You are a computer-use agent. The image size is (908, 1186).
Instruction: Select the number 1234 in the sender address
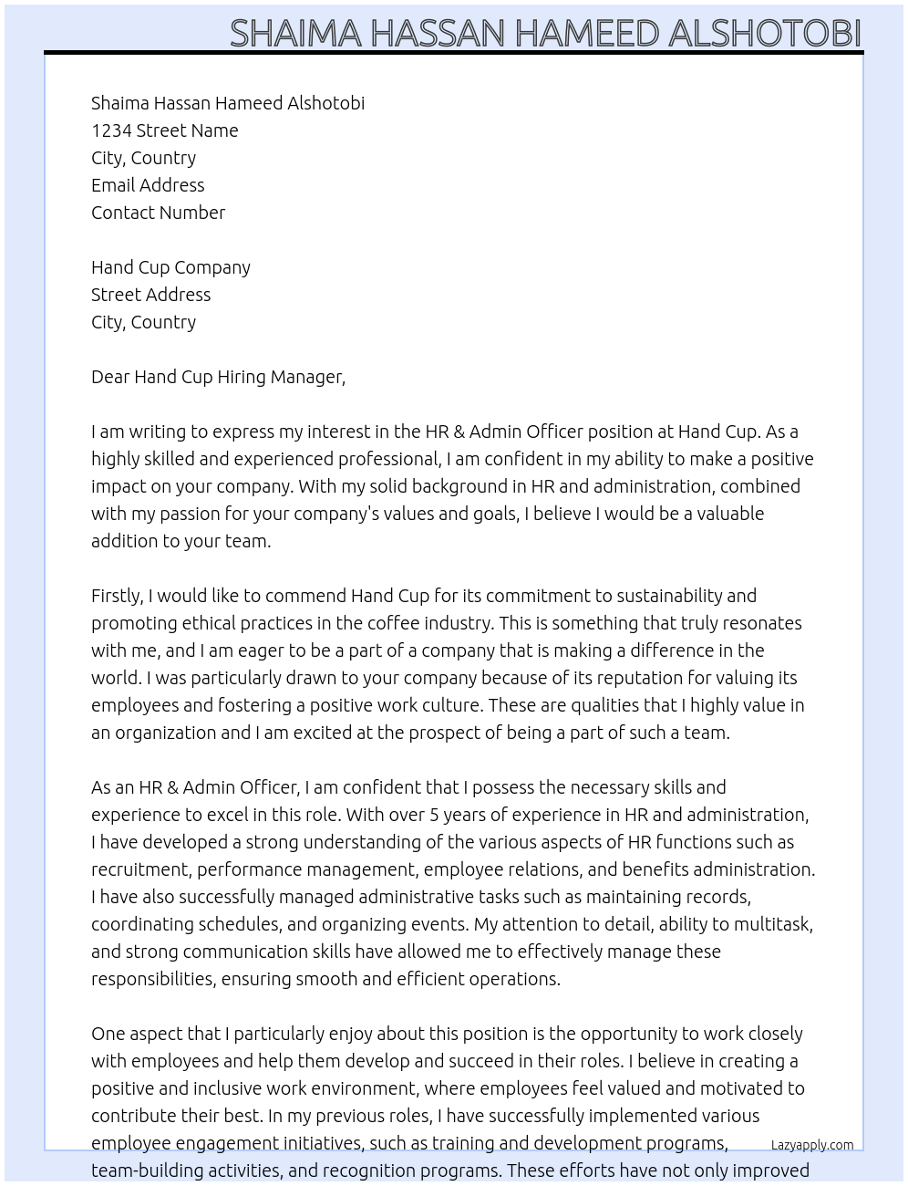click(111, 130)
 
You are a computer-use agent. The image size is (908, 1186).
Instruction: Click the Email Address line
click(148, 185)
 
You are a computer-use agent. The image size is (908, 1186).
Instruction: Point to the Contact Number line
click(158, 213)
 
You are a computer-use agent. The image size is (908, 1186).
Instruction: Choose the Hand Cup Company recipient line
click(170, 267)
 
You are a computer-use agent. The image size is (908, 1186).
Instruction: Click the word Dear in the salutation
click(110, 377)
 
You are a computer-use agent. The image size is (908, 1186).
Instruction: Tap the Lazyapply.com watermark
click(811, 1145)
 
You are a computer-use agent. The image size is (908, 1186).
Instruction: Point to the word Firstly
click(118, 596)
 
